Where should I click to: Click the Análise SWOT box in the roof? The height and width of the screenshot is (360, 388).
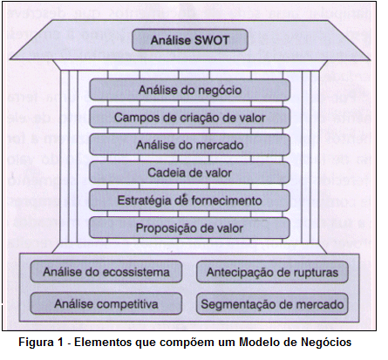190,40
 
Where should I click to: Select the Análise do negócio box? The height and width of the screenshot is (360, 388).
190,90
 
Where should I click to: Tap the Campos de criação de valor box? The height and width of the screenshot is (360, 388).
190,118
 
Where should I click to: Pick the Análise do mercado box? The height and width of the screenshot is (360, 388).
190,145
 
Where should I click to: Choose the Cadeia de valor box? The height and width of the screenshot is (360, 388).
190,173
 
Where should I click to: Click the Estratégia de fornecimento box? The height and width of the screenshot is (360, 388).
190,200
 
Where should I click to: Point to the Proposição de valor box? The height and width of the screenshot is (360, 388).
190,228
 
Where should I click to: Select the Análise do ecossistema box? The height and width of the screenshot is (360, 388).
106,272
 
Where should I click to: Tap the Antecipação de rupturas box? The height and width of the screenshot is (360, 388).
272,272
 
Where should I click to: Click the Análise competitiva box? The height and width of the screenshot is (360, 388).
106,304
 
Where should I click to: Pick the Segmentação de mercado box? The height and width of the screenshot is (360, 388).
272,304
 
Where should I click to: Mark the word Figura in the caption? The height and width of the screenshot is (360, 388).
37,343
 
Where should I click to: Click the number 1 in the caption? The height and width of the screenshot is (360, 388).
60,342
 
